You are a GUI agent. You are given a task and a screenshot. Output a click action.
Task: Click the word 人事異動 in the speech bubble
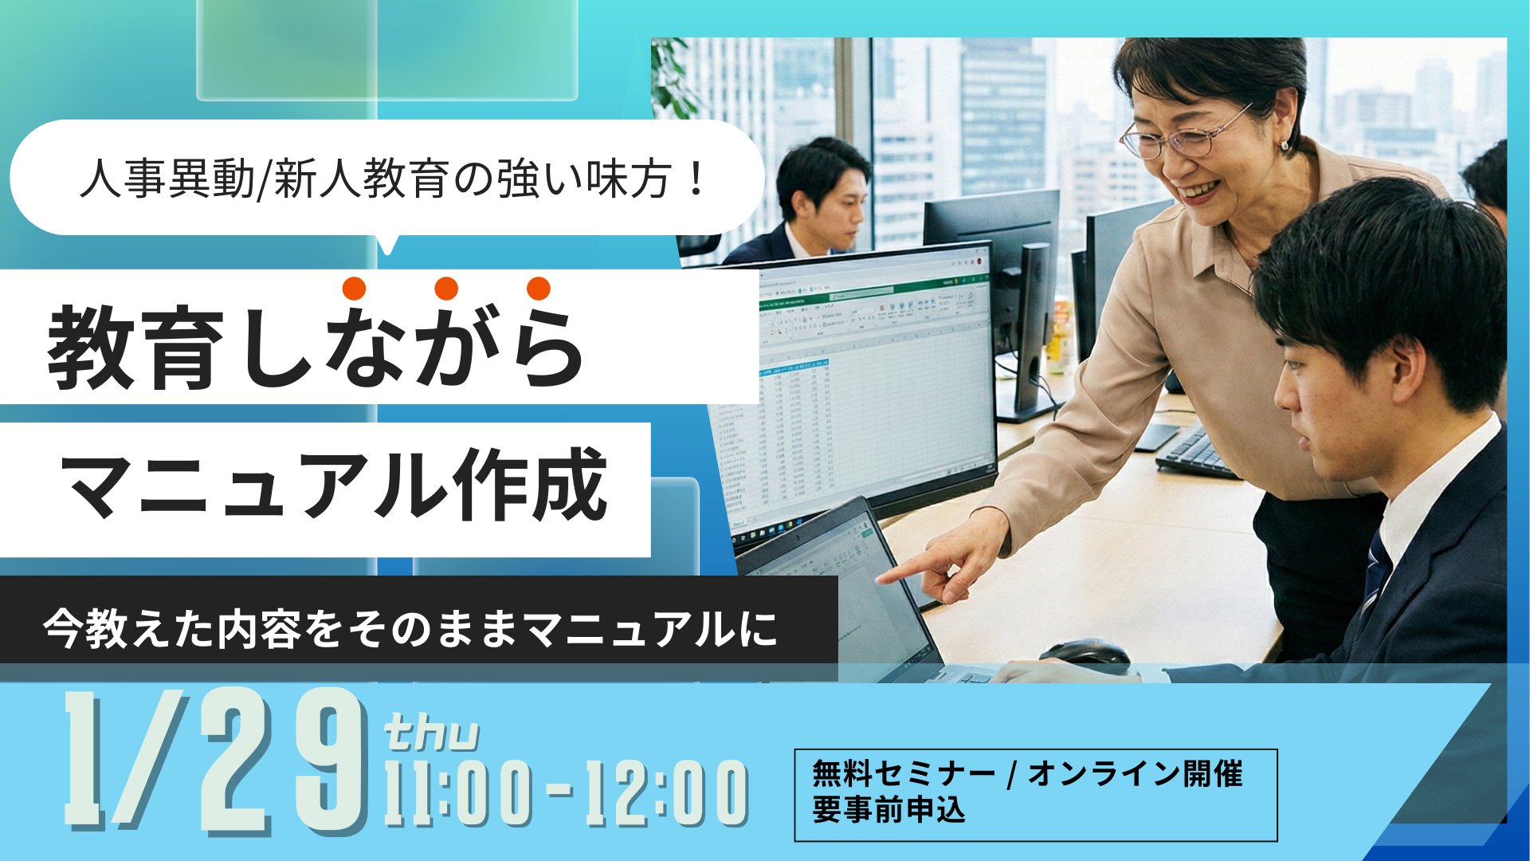[167, 178]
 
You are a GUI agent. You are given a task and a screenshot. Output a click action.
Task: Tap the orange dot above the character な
[354, 289]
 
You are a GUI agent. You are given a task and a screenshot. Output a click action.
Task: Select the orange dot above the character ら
[539, 289]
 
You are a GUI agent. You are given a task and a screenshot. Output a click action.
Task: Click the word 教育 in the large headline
[135, 348]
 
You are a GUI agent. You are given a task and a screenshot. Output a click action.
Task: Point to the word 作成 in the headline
[530, 484]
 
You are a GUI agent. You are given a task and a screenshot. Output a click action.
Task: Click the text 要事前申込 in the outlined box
[889, 810]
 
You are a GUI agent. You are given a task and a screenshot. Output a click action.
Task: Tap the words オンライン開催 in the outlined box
[1136, 773]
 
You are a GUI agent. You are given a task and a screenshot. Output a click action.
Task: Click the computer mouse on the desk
[1085, 654]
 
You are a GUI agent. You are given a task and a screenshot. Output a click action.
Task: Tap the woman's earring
[1284, 146]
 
